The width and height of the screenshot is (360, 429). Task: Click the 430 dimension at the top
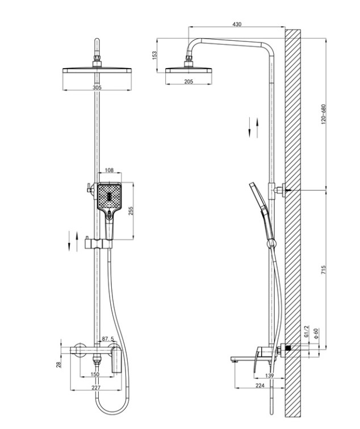tap(237, 24)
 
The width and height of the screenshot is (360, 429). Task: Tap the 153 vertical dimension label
tap(154, 55)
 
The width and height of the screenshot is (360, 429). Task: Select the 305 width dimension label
tap(97, 87)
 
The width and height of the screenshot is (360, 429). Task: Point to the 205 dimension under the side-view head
tap(189, 81)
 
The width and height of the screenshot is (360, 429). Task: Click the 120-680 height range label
tap(323, 114)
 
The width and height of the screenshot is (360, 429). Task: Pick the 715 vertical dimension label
tap(323, 270)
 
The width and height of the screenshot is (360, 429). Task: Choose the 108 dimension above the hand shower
tap(109, 170)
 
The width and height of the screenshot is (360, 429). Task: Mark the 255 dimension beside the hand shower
tap(131, 211)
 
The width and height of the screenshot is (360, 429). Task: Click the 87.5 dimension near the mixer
tap(108, 339)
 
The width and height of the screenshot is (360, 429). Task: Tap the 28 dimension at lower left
tap(58, 364)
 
